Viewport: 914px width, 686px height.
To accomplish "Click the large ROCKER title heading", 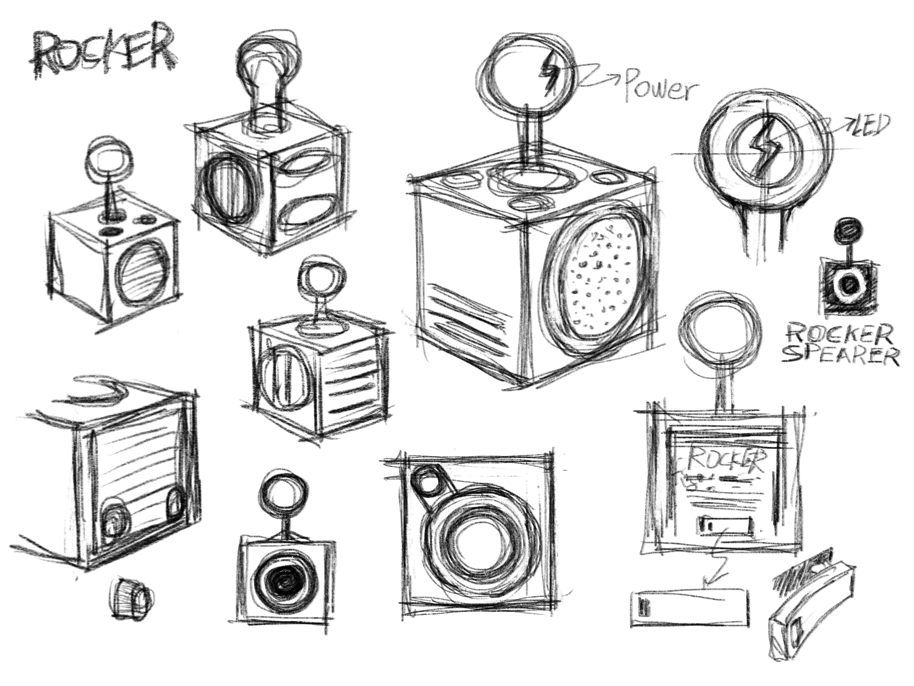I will pyautogui.click(x=103, y=58).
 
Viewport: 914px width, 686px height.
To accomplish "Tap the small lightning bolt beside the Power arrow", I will pyautogui.click(x=548, y=75).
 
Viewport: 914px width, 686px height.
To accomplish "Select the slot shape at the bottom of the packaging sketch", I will pyautogui.click(x=725, y=524).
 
